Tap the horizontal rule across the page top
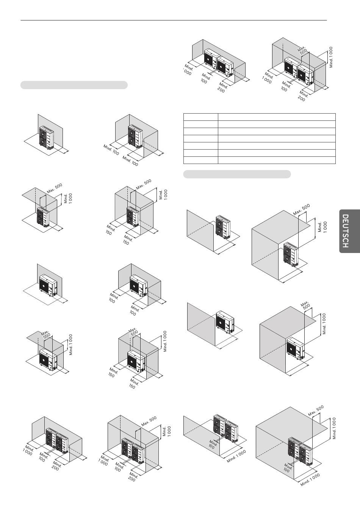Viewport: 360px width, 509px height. (x=174, y=20)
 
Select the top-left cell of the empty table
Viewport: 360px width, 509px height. (x=200, y=117)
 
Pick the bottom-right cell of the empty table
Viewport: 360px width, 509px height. (x=277, y=160)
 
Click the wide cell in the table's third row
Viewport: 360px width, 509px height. (x=277, y=131)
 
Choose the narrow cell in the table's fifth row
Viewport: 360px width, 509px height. (x=200, y=146)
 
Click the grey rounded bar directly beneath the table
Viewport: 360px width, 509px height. (x=237, y=174)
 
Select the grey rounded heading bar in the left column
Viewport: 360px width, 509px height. (x=74, y=85)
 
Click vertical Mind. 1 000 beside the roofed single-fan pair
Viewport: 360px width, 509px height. (x=331, y=57)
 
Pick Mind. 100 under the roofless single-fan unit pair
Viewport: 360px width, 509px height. (x=205, y=78)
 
